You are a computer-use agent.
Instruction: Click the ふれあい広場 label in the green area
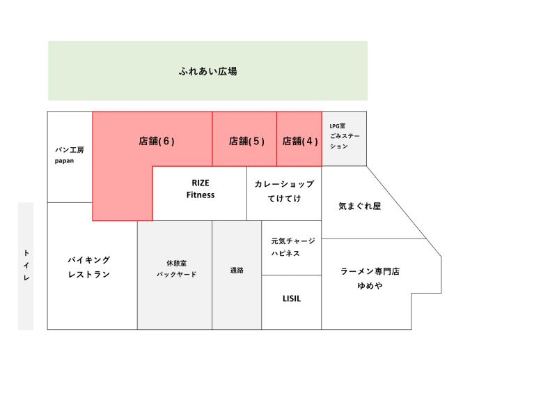pyautogui.click(x=207, y=71)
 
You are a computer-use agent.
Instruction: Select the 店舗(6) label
pyautogui.click(x=157, y=142)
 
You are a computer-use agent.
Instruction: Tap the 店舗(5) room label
pyautogui.click(x=246, y=142)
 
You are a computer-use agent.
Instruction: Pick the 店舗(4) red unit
pyautogui.click(x=299, y=139)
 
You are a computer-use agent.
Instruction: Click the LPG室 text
pyautogui.click(x=338, y=126)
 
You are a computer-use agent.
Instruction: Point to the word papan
pyautogui.click(x=64, y=161)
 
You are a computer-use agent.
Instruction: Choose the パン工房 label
pyautogui.click(x=69, y=150)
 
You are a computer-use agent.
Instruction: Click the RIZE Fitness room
pyautogui.click(x=200, y=194)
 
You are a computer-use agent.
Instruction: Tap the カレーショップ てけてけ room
pyautogui.click(x=284, y=194)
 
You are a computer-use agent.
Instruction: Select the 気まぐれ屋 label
pyautogui.click(x=359, y=206)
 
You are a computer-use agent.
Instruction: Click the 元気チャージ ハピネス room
pyautogui.click(x=292, y=248)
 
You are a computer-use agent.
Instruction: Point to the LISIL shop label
pyautogui.click(x=292, y=298)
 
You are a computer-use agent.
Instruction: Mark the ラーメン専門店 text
pyautogui.click(x=370, y=271)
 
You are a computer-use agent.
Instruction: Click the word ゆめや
pyautogui.click(x=370, y=286)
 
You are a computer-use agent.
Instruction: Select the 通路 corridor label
pyautogui.click(x=237, y=271)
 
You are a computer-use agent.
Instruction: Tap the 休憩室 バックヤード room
pyautogui.click(x=175, y=275)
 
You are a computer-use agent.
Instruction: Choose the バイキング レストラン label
pyautogui.click(x=89, y=267)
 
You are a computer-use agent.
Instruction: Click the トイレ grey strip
pyautogui.click(x=26, y=266)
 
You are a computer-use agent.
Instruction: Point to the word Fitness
pyautogui.click(x=201, y=195)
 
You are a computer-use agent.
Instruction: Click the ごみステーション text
pyautogui.click(x=345, y=141)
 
